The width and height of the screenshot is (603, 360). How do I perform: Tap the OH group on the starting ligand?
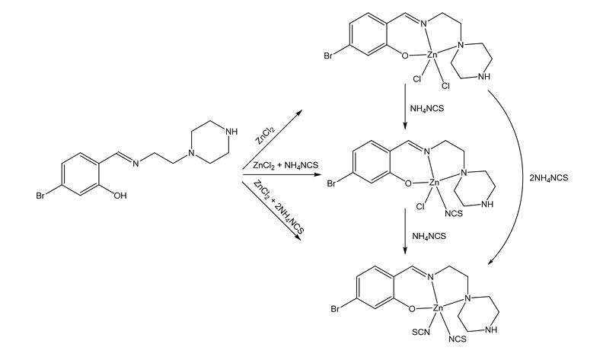pyautogui.click(x=119, y=196)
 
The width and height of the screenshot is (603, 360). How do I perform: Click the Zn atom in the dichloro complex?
pyautogui.click(x=432, y=56)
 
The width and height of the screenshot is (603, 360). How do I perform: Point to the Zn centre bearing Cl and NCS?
pyautogui.click(x=434, y=183)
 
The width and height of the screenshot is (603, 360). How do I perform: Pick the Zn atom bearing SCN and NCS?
pyautogui.click(x=437, y=309)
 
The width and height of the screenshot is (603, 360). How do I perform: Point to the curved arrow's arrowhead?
pyautogui.click(x=489, y=263)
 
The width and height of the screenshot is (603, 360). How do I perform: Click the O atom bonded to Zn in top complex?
pyautogui.click(x=404, y=56)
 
